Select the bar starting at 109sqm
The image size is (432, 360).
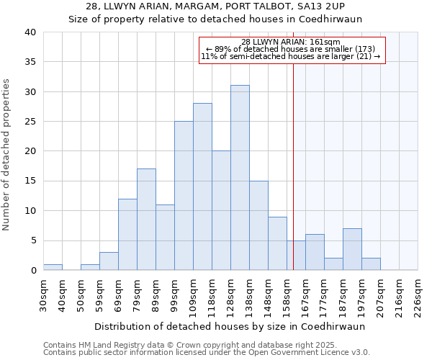tap(202, 187)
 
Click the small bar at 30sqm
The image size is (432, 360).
tap(53, 267)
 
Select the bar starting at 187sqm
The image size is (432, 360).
tap(352, 249)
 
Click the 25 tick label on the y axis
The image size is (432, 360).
tap(30, 122)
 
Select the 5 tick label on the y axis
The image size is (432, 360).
tap(33, 241)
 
